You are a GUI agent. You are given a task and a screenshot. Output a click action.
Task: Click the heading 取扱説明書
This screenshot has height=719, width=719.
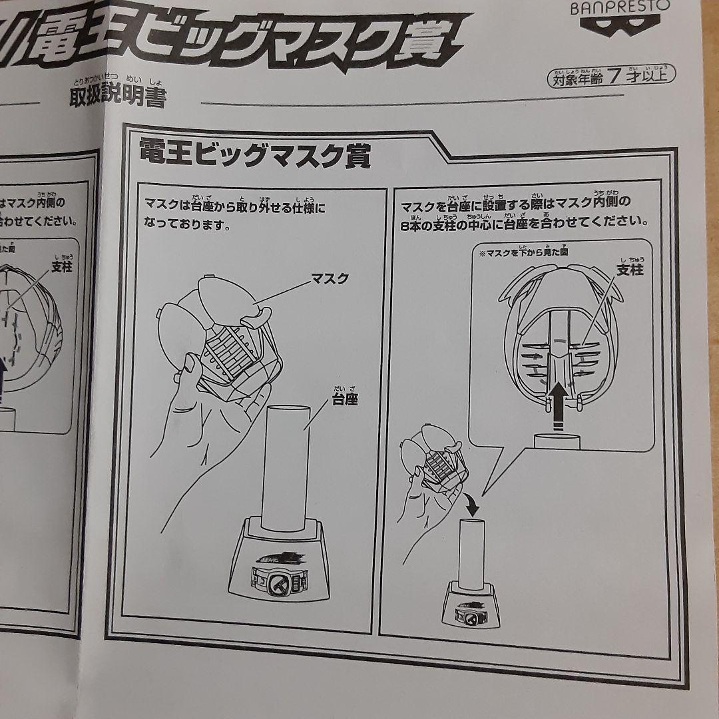[x=117, y=97]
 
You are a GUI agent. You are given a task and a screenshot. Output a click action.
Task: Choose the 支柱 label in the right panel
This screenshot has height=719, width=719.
[x=629, y=270]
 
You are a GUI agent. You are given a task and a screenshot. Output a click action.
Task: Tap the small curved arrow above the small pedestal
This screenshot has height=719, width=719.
[x=471, y=506]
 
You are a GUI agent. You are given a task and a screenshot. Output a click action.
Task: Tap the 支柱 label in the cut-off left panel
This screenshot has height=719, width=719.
[x=63, y=266]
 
